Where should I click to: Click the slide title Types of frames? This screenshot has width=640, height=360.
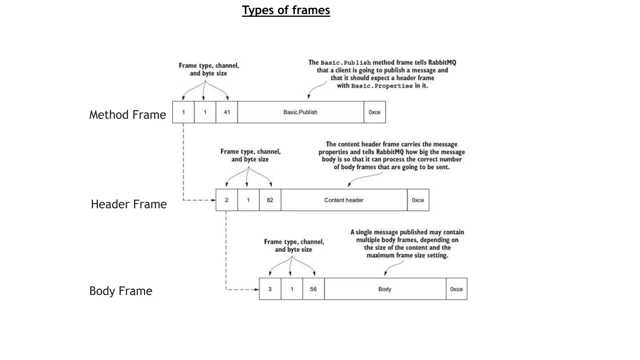[x=286, y=10]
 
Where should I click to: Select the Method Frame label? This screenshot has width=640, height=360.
[x=127, y=115]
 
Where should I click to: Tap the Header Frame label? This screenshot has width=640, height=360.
[x=128, y=204]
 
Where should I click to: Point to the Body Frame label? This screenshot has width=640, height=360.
[x=121, y=291]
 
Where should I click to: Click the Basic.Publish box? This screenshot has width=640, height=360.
[x=300, y=112]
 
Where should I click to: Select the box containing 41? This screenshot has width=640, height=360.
[x=227, y=112]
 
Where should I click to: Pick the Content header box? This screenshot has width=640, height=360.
[x=344, y=200]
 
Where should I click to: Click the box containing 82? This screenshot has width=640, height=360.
[x=270, y=200]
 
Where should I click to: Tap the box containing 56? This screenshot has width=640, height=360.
[x=313, y=289]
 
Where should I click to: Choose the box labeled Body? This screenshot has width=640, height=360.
[x=385, y=289]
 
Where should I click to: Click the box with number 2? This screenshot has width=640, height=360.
[x=227, y=200]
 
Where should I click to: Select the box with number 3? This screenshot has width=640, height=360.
[x=270, y=289]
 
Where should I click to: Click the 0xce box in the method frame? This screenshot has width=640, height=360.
[x=374, y=112]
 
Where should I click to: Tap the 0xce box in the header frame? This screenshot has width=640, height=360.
[x=418, y=200]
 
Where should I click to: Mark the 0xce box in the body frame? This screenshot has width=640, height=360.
[x=456, y=289]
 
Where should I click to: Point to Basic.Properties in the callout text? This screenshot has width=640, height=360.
[x=382, y=86]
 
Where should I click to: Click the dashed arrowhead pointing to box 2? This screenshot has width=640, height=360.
[x=213, y=200]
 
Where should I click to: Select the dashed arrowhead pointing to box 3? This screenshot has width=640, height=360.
[x=257, y=289]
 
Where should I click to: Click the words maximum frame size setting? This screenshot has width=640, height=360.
[x=407, y=255]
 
